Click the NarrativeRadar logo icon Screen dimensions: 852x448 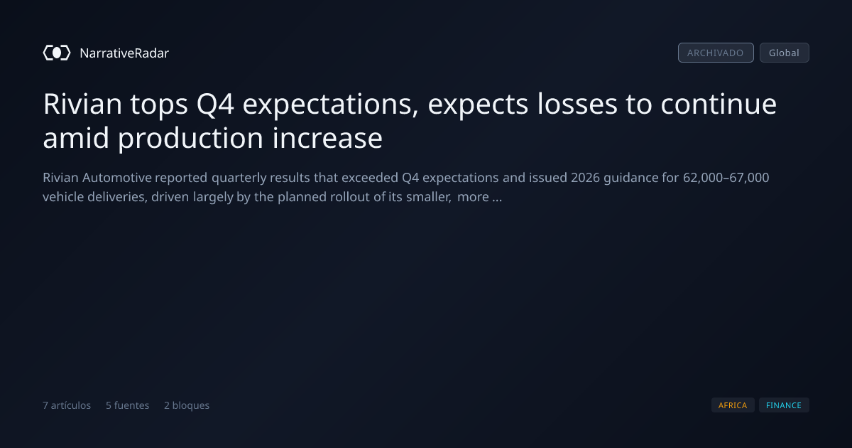coord(57,53)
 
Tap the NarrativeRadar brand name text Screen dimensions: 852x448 coord(124,53)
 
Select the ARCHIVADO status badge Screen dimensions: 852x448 coord(716,53)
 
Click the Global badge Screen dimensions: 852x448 coord(785,53)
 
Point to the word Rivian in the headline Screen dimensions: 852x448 coord(82,104)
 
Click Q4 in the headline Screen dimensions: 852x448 coord(215,105)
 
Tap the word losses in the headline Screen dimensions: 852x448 coord(577,104)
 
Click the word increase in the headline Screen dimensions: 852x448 coord(327,138)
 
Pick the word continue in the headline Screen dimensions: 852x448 coord(719,104)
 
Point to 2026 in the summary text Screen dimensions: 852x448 coord(585,178)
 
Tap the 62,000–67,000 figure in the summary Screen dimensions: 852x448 coord(726,178)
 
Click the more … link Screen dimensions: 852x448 coord(479,197)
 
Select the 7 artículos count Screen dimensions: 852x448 coord(67,405)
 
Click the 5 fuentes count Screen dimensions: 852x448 coord(127,405)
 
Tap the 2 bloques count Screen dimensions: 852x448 coord(187,405)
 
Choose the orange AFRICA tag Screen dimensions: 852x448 coord(733,405)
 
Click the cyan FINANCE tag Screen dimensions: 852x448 coord(784,405)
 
